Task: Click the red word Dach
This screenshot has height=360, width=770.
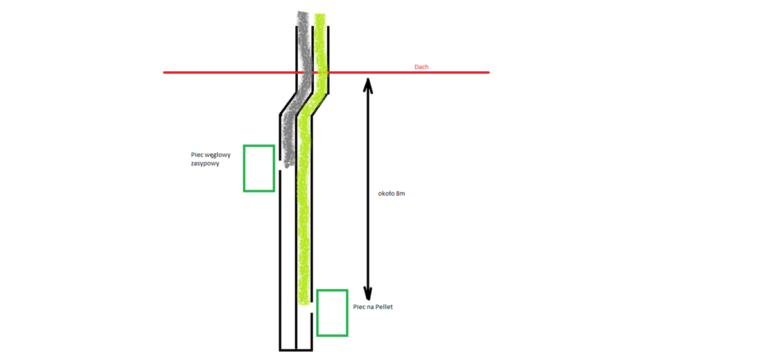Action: point(422,67)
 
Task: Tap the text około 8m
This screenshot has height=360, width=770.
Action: point(391,193)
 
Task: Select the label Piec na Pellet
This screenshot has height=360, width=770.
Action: point(373,307)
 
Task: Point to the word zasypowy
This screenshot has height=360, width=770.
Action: point(205,163)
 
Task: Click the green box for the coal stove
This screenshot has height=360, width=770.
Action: point(259,168)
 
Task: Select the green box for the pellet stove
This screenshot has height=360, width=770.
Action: point(332,313)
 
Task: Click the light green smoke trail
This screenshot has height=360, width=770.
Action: point(304,205)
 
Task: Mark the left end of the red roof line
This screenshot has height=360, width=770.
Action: point(164,73)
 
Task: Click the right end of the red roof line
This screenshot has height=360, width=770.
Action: point(488,73)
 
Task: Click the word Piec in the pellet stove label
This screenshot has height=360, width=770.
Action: point(359,307)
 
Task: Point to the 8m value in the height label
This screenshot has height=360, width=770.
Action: point(400,193)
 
